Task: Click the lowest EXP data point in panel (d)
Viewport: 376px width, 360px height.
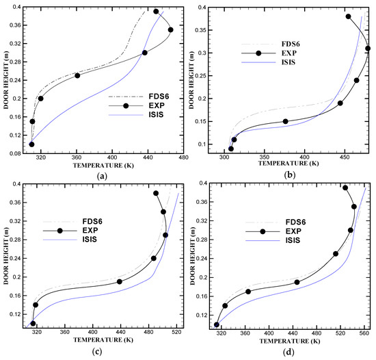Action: (x=217, y=324)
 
